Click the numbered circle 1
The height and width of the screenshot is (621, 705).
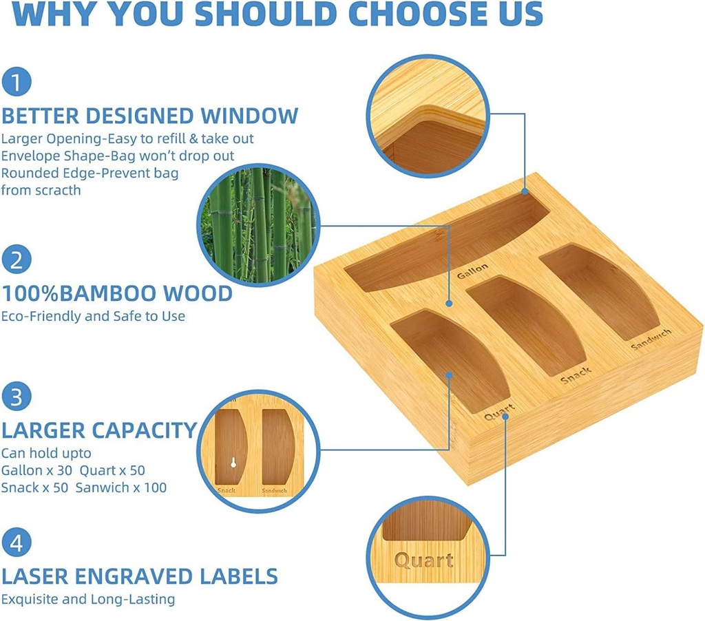click(17, 82)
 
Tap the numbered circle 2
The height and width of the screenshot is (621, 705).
click(17, 260)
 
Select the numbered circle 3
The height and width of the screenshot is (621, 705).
click(17, 397)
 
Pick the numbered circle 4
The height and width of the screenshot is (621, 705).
click(17, 543)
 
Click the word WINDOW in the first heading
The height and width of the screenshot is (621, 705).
click(249, 116)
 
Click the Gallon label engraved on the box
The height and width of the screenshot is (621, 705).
click(472, 271)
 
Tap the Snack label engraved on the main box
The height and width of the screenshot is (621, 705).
click(576, 375)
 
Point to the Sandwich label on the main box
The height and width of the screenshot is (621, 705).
click(651, 339)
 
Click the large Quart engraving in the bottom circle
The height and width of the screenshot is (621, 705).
click(424, 560)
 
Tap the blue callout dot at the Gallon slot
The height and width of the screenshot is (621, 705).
click(525, 191)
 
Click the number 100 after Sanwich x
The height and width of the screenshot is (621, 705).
click(156, 487)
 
